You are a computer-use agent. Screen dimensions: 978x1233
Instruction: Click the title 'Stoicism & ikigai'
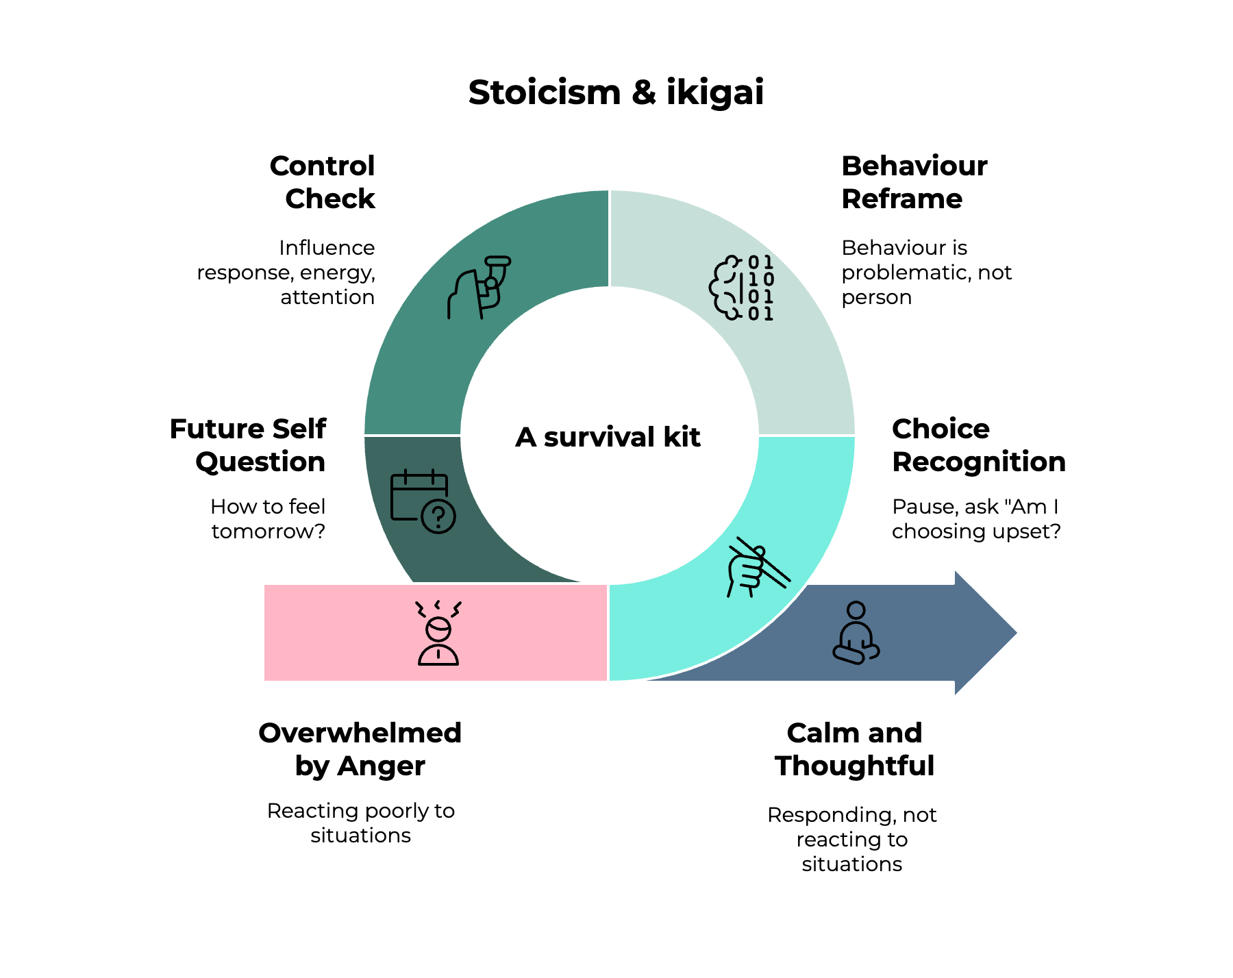[x=616, y=92]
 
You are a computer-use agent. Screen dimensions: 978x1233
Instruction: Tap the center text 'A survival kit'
[x=608, y=437]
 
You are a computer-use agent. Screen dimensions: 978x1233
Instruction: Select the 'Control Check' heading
[x=323, y=182]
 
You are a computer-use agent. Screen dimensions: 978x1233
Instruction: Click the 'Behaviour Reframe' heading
[x=914, y=182]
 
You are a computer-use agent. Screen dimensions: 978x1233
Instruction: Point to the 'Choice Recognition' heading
[x=978, y=445]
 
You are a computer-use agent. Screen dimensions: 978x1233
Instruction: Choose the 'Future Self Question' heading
[x=248, y=445]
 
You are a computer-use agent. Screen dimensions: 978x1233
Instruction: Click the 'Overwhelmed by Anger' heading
[x=360, y=749]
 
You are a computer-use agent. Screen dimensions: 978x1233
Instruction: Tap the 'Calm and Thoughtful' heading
[x=854, y=749]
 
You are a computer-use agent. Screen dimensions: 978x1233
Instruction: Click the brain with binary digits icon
[x=741, y=288]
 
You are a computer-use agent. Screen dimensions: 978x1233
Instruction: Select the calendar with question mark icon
[x=423, y=501]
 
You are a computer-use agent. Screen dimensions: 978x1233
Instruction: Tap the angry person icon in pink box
[x=438, y=633]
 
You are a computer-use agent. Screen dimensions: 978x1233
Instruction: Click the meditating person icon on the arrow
[x=856, y=633]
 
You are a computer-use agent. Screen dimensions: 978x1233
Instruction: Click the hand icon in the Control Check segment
[x=480, y=287]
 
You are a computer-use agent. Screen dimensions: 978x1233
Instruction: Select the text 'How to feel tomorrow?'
[x=268, y=518]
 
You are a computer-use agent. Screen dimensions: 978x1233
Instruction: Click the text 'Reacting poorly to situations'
[x=360, y=823]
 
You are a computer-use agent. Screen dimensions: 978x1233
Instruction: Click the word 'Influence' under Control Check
[x=327, y=248]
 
